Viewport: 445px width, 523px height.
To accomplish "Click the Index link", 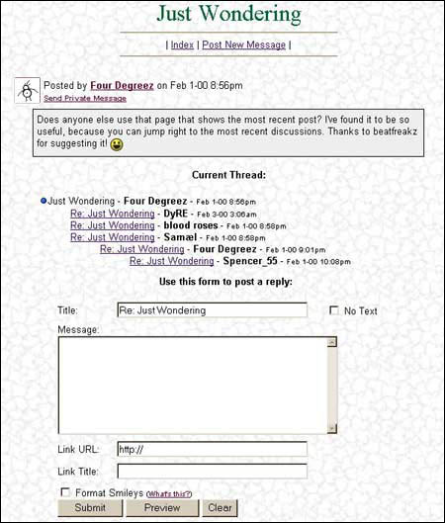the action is (182, 44).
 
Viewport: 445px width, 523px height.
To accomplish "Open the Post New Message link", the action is (243, 44).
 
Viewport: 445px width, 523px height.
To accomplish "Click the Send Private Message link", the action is (85, 98).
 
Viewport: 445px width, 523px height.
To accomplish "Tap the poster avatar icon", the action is (29, 90).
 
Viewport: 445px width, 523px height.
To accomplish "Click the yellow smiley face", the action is (143, 144).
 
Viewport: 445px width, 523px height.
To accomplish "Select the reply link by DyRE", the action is (112, 213).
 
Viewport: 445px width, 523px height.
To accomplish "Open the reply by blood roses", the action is (112, 225).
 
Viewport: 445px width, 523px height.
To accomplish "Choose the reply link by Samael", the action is (112, 237).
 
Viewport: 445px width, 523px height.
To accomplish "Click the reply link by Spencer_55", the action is (171, 261).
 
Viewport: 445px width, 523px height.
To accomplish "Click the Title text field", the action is (212, 310).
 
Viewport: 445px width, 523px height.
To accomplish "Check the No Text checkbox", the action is (334, 310).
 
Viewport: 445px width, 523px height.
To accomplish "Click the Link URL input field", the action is (212, 449).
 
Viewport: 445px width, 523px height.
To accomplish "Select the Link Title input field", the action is (212, 471).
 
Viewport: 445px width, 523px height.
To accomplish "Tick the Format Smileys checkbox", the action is (65, 492).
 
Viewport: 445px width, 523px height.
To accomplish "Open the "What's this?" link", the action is (168, 493).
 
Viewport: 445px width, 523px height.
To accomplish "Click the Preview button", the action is (161, 508).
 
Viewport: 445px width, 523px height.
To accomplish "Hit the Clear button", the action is (220, 508).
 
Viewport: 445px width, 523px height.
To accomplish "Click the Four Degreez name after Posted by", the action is (122, 85).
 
